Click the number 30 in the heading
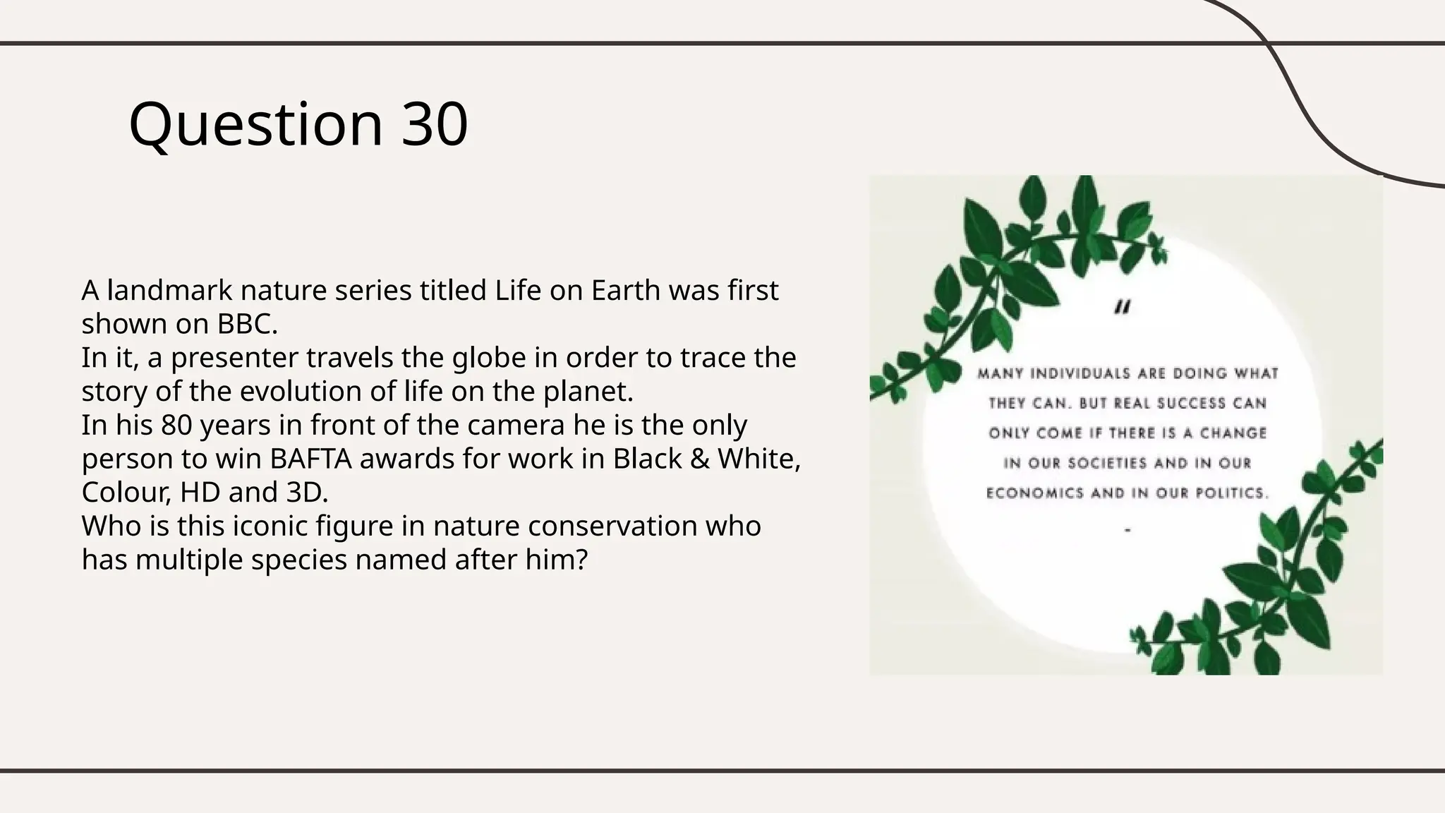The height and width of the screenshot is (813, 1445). (x=435, y=124)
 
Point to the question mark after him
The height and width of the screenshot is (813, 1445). (x=581, y=560)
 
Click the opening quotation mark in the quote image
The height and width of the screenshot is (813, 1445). (x=1123, y=308)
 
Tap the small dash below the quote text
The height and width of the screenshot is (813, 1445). (x=1127, y=529)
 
